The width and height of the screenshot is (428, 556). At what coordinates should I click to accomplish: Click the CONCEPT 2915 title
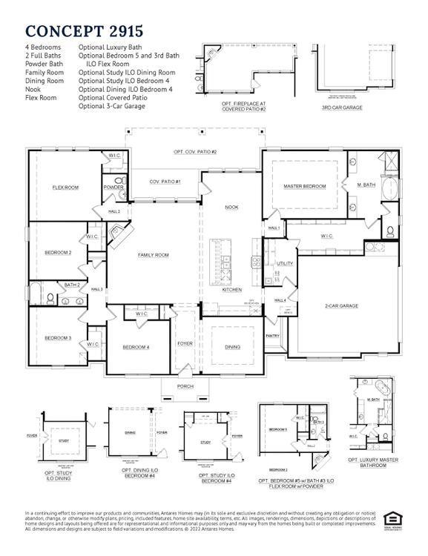pos(84,30)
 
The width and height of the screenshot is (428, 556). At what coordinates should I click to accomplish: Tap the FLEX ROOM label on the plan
pos(65,188)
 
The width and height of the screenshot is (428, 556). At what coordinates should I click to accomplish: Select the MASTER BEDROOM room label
pos(305,186)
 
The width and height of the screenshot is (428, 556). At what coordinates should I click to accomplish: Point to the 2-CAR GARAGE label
pos(341,305)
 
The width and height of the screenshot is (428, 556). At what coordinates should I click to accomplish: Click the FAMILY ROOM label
pos(154,255)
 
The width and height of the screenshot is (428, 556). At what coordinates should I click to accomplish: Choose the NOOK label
pos(231,208)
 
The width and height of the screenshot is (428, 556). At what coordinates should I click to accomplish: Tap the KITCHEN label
pos(232,290)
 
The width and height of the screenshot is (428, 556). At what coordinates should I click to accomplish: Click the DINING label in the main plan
pos(232,347)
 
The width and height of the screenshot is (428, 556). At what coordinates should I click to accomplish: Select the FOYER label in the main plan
pos(185,344)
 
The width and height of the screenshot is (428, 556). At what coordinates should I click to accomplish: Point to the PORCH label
pos(185,387)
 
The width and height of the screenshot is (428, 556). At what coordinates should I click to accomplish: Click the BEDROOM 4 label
pos(136,348)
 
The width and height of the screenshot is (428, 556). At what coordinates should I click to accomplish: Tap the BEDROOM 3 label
pos(58,338)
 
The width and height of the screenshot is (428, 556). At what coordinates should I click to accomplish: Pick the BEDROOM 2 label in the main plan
pos(58,253)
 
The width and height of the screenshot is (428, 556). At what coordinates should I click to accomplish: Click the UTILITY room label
pos(285,263)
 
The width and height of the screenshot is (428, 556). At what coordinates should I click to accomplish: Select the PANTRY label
pos(272,336)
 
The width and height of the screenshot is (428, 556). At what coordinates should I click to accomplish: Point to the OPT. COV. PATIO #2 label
pos(195,152)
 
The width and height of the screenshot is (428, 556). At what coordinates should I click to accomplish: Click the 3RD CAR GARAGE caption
pos(342,107)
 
